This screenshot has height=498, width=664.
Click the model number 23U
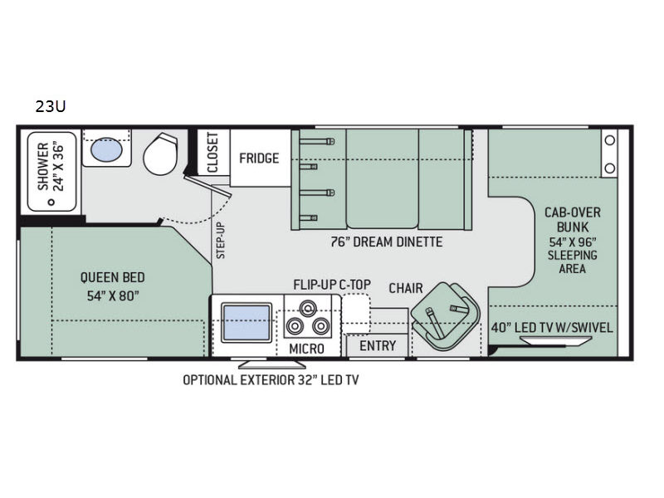[x=51, y=107]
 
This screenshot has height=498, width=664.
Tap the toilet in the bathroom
[x=161, y=154]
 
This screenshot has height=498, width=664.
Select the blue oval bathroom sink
[x=106, y=149]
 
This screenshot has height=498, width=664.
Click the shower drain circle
[x=51, y=203]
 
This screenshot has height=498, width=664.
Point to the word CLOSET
[x=212, y=153]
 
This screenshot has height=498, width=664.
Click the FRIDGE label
[x=259, y=159]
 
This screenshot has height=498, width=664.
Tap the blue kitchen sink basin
[x=247, y=322]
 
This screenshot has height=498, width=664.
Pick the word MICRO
[x=306, y=349]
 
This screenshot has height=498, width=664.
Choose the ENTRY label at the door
[x=378, y=346]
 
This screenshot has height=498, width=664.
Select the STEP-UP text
[x=221, y=241]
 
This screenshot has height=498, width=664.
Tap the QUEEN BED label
[x=113, y=277]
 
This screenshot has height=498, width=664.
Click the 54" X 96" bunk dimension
[x=573, y=242]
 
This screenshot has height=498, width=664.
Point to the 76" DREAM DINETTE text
[x=387, y=242]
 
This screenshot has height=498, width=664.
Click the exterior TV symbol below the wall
[x=272, y=364]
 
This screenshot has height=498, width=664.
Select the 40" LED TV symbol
[x=556, y=340]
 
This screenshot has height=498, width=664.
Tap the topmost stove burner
[x=308, y=307]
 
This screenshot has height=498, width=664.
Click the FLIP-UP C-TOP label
[x=332, y=285]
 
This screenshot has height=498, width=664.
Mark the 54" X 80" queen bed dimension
[x=113, y=295]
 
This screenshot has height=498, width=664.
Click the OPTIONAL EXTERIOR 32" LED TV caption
[x=271, y=380]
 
